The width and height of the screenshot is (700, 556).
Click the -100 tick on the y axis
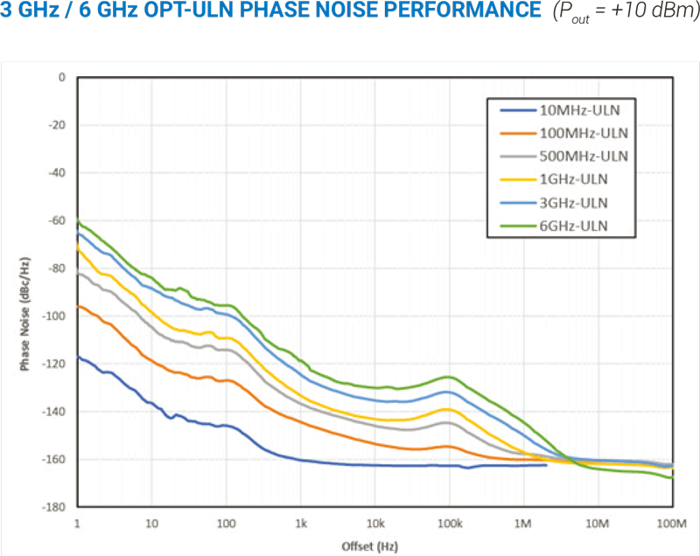(55, 316)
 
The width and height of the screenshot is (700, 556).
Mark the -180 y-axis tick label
(55, 507)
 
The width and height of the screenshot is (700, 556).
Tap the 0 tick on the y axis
(62, 77)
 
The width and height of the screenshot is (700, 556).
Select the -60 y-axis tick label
(58, 220)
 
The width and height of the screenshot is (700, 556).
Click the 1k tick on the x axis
(301, 524)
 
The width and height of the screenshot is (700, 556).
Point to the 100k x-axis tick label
(449, 524)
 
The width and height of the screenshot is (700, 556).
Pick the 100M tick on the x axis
(671, 524)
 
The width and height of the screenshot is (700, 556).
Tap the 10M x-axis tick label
(598, 524)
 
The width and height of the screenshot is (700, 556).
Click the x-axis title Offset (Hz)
(374, 546)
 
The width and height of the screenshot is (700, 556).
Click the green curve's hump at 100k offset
(449, 377)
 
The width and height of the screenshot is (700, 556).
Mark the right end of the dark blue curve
(546, 465)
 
